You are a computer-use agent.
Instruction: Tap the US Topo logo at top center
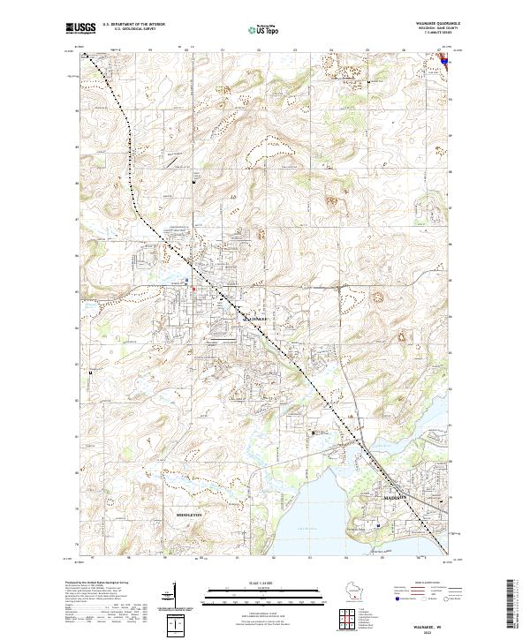coord(263,30)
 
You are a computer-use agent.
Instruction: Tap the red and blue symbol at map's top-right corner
coord(445,60)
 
